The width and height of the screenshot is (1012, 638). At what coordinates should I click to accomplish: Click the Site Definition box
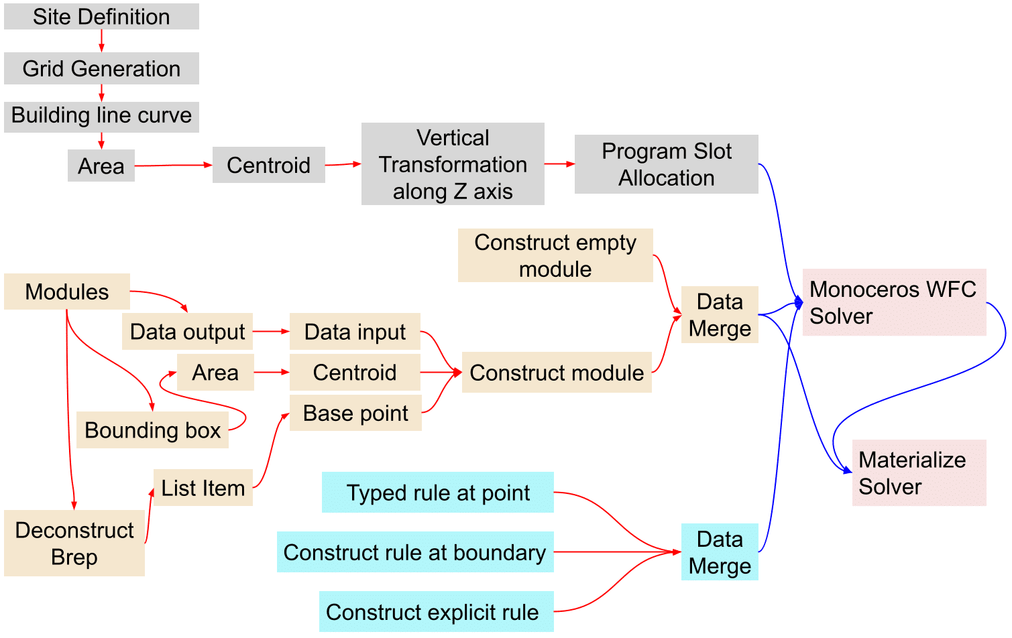(101, 17)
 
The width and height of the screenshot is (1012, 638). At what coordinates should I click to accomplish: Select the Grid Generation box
(101, 68)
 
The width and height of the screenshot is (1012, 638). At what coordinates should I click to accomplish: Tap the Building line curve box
(101, 115)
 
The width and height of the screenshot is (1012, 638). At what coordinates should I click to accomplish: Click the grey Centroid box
(268, 165)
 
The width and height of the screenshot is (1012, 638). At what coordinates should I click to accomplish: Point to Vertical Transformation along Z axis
(453, 164)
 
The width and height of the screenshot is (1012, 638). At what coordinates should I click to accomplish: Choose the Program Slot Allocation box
(666, 164)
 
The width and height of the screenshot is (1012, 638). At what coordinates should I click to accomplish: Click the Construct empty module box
(555, 255)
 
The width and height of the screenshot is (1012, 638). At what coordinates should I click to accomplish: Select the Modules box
(67, 292)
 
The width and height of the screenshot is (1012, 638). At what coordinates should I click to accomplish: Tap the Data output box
(187, 332)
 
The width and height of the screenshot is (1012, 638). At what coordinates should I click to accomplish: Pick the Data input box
(355, 332)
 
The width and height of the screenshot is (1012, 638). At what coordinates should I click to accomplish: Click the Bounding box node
(152, 430)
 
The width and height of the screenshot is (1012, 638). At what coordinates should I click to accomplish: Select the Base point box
(355, 413)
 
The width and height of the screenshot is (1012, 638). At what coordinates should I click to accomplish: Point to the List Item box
(203, 488)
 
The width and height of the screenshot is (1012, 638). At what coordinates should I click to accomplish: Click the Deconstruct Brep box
(74, 543)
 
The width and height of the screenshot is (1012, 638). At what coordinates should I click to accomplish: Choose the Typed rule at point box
(438, 493)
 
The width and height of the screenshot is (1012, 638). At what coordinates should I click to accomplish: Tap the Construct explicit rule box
(436, 612)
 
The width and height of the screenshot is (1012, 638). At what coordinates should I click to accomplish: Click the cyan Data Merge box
(720, 552)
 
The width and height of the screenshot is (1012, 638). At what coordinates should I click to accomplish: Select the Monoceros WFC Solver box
(894, 302)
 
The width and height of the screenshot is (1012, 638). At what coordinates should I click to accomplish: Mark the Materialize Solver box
(919, 473)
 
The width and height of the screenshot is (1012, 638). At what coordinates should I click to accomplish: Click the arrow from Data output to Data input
(271, 332)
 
